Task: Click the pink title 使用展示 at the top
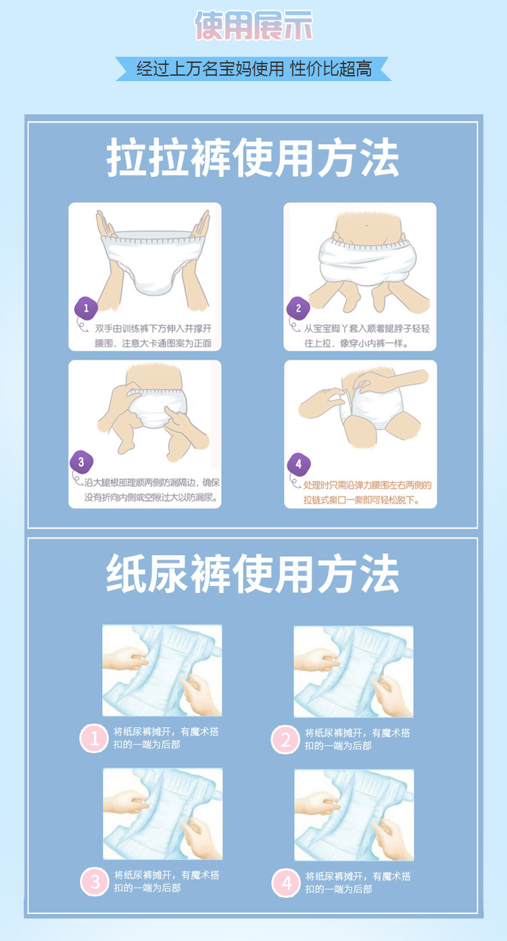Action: (254, 26)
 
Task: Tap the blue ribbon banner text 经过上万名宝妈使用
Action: (210, 69)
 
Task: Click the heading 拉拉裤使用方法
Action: (253, 158)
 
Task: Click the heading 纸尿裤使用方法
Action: (253, 573)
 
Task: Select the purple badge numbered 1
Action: (86, 308)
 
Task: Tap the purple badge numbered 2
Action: (298, 308)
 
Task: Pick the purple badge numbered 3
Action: (81, 462)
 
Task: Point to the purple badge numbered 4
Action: (299, 464)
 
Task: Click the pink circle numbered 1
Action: (94, 738)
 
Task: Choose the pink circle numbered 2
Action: (285, 740)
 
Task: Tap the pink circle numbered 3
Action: (95, 882)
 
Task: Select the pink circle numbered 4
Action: (286, 883)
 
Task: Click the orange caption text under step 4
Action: (367, 493)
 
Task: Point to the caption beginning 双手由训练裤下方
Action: (153, 336)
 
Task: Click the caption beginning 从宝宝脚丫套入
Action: (366, 336)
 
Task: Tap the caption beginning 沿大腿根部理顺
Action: (151, 490)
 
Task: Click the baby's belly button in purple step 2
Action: (368, 226)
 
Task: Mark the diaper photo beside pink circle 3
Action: (162, 814)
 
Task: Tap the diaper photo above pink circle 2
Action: (354, 671)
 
